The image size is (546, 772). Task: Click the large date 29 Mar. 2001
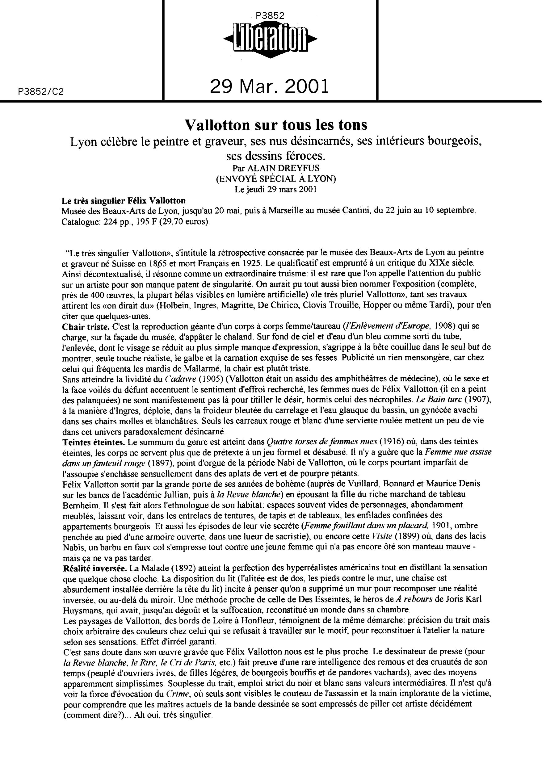(269, 86)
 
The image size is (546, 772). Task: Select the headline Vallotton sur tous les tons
(276, 125)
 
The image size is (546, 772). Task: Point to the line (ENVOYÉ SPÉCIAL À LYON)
(276, 179)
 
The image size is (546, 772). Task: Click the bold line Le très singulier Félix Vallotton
(124, 201)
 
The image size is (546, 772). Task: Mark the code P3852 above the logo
(270, 16)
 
